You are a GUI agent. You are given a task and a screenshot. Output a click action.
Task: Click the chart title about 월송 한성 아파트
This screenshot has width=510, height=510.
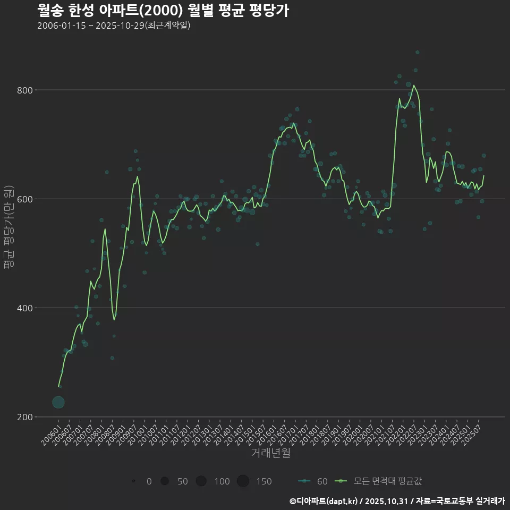click(x=163, y=11)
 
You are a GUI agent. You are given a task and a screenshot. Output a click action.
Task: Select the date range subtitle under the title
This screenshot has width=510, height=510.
click(x=114, y=26)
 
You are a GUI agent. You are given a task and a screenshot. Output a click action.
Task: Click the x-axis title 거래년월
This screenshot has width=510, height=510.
click(x=270, y=453)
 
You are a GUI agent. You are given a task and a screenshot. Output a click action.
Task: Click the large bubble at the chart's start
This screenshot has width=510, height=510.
click(x=58, y=402)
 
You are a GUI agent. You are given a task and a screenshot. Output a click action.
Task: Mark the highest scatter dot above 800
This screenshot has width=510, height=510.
click(x=418, y=52)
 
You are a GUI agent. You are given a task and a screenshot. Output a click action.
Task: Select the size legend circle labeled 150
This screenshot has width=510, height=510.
click(x=243, y=481)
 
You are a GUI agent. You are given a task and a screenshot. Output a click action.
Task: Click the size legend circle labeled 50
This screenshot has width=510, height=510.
click(x=165, y=481)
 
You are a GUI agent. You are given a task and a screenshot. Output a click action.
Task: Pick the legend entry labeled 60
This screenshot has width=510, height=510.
click(x=313, y=481)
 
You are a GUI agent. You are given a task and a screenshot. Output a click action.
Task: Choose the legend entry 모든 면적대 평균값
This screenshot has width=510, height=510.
click(x=380, y=481)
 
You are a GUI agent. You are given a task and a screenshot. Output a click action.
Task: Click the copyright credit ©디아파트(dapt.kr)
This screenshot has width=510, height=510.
click(x=324, y=501)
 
